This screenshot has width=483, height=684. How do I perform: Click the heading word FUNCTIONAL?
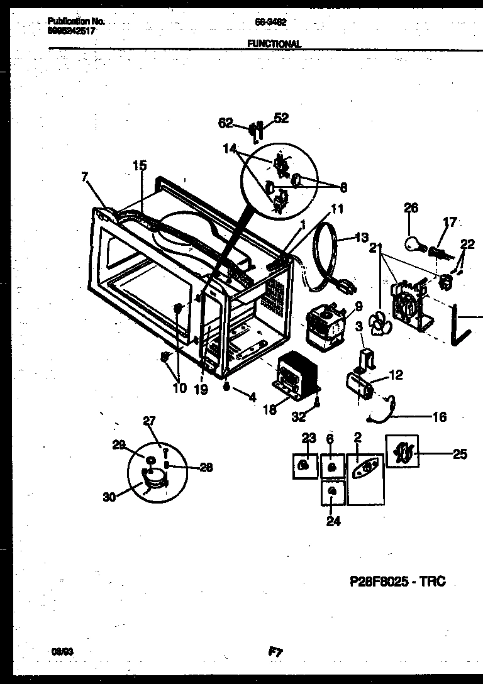[274, 44]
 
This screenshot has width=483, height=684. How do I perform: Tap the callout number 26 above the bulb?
[411, 208]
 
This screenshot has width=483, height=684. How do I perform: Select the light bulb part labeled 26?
[411, 243]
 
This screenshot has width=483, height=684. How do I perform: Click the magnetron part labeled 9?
[326, 324]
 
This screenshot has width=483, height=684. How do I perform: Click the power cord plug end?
[347, 285]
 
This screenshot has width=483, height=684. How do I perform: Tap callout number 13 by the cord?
[362, 238]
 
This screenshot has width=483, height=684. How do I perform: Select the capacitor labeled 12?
[360, 384]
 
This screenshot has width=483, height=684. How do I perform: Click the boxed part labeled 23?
[304, 465]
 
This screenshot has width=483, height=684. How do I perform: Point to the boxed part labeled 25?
[402, 451]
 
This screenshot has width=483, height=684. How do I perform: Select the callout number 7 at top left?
[85, 178]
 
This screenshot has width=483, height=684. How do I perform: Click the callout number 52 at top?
[281, 118]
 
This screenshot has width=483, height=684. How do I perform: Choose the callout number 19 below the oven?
[201, 389]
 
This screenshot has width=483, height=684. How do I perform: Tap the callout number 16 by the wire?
[440, 416]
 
